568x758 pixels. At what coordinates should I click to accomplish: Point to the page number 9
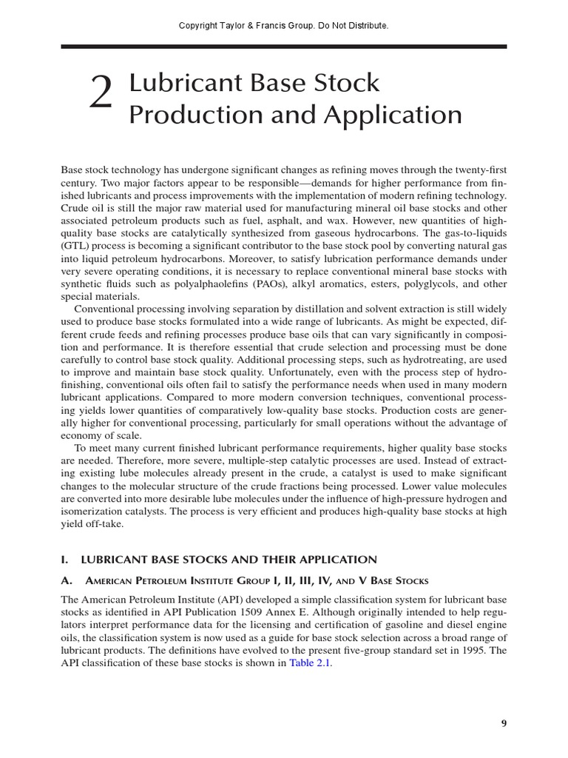[504, 724]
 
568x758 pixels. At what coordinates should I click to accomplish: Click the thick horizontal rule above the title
[284, 47]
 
